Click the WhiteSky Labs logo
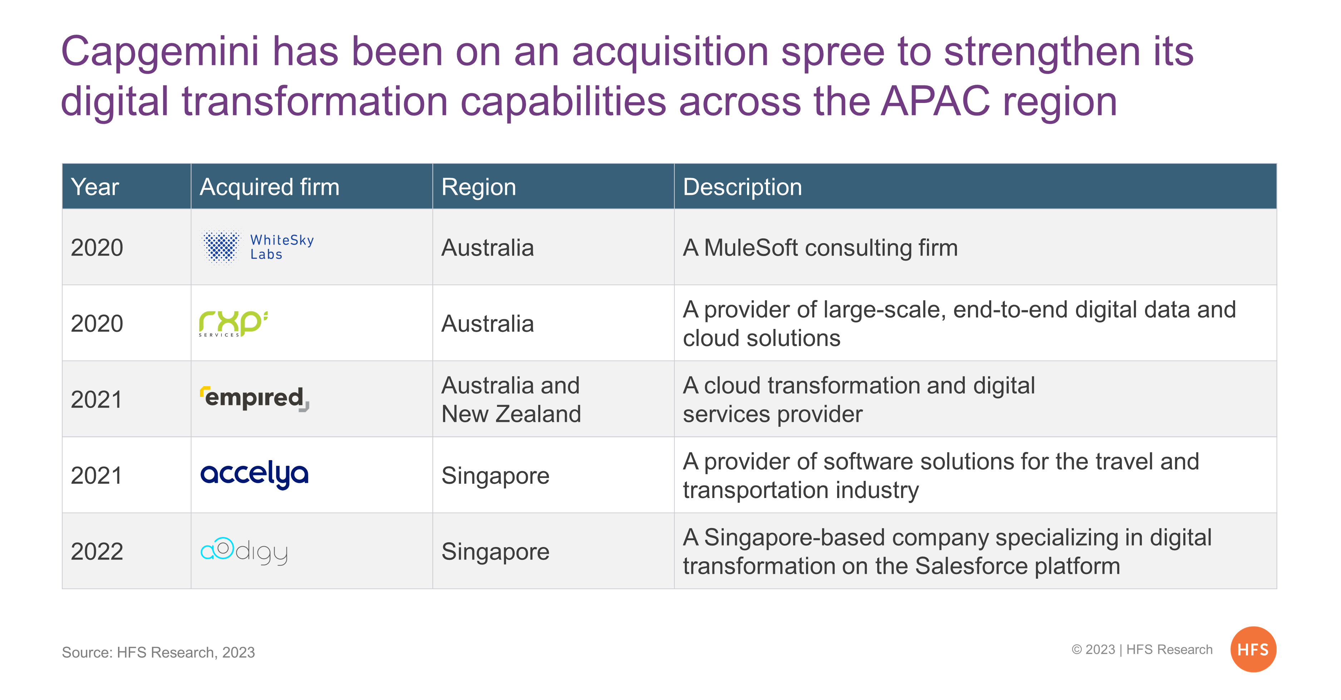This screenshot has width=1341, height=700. point(257,247)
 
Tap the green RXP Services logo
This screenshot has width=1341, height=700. point(233,324)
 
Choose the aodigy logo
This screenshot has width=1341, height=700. point(244,551)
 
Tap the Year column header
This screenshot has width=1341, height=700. point(95,187)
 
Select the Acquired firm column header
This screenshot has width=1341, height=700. point(270,187)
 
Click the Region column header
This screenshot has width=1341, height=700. point(478,187)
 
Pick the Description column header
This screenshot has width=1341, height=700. point(742,187)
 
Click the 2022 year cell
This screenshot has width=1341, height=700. point(97,551)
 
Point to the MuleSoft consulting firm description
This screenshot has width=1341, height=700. point(820,248)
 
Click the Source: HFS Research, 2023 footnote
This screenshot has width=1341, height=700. point(158,652)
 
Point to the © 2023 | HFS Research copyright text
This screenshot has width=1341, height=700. point(1141,650)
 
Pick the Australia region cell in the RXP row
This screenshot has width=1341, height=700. point(487,324)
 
